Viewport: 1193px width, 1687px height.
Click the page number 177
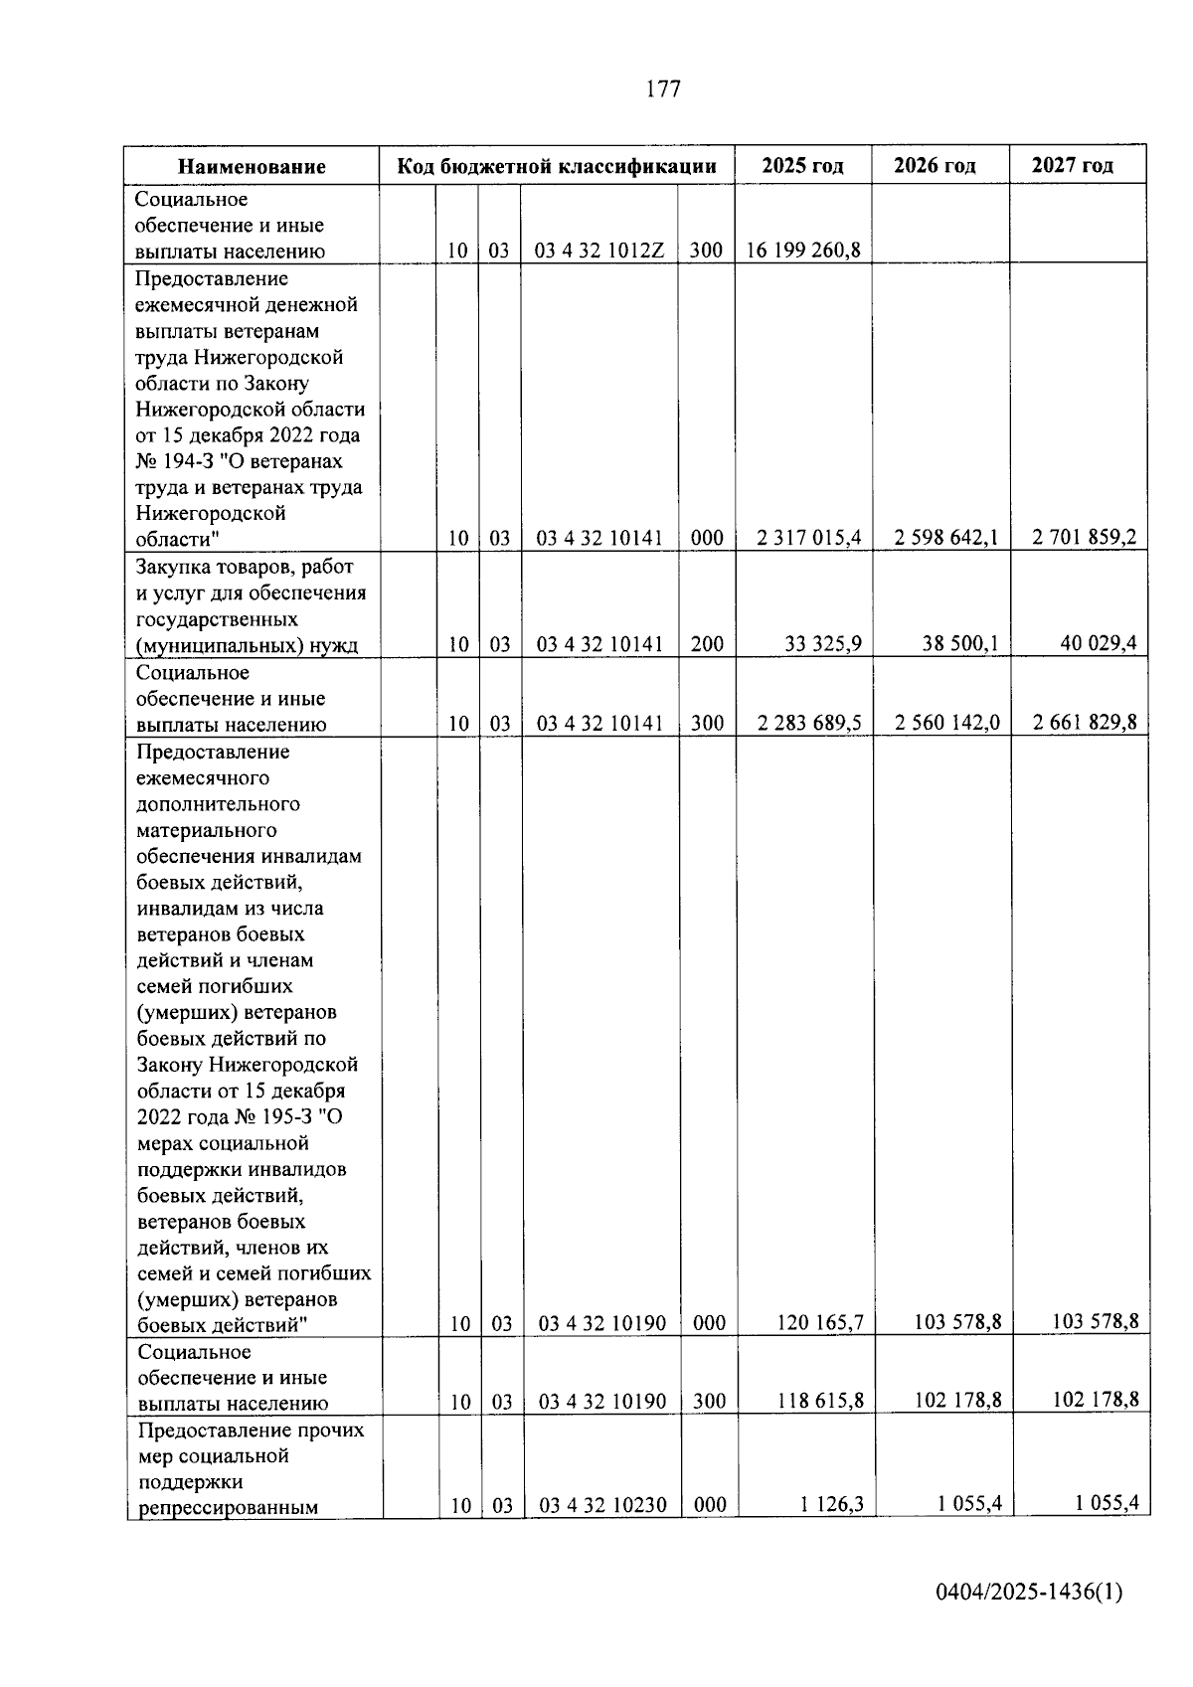pyautogui.click(x=663, y=89)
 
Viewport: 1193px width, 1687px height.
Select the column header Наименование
pyautogui.click(x=252, y=166)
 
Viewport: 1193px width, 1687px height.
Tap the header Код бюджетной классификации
pyautogui.click(x=557, y=166)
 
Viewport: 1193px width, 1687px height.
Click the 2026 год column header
pyautogui.click(x=935, y=165)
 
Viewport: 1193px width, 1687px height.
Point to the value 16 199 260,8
pyautogui.click(x=803, y=251)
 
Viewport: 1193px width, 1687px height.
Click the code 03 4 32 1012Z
pyautogui.click(x=599, y=251)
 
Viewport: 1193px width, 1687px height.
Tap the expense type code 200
pyautogui.click(x=707, y=644)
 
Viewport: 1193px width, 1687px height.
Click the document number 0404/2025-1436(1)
pyautogui.click(x=1029, y=1593)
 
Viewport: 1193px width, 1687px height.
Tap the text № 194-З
pyautogui.click(x=185, y=461)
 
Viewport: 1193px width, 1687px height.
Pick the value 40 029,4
pyautogui.click(x=1098, y=644)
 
